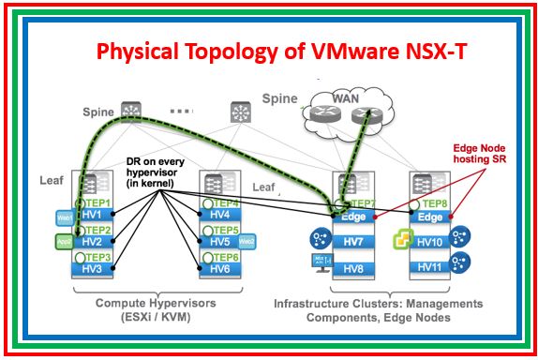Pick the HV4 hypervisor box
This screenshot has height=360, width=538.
point(216,217)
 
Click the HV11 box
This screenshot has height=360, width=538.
point(431,268)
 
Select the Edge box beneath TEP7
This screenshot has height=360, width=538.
point(350,217)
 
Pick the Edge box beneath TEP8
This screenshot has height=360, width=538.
point(431,217)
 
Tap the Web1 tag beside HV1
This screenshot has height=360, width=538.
point(65,217)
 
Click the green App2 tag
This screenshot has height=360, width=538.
point(65,241)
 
